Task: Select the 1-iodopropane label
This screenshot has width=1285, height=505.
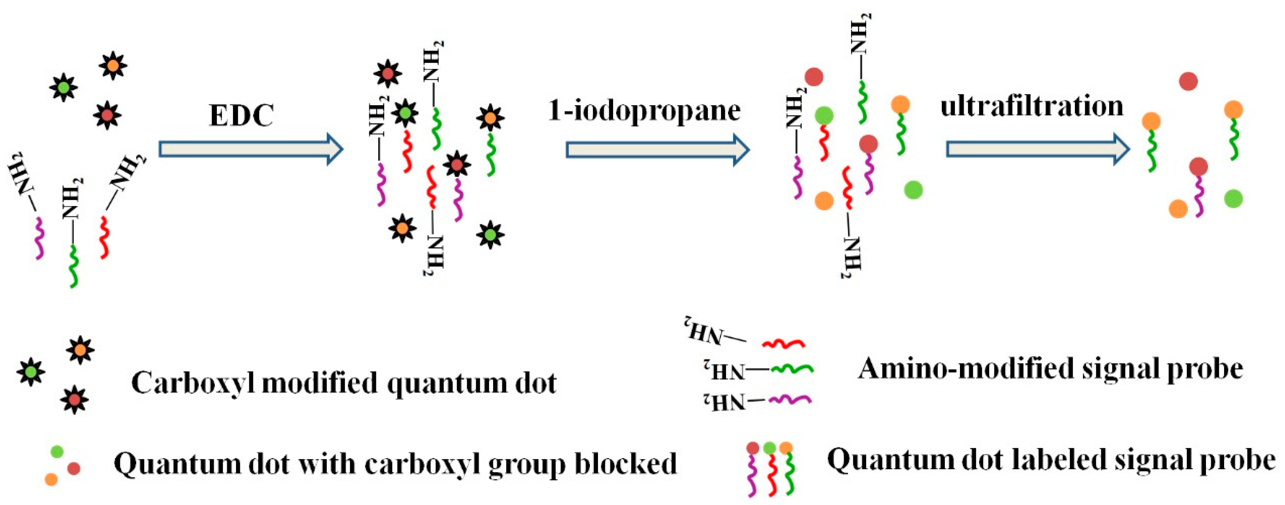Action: [x=644, y=111]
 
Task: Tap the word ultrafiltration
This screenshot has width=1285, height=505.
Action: [x=1032, y=107]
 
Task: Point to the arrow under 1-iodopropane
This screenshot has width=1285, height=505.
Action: [x=657, y=150]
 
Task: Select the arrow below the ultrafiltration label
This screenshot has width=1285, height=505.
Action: [x=1038, y=149]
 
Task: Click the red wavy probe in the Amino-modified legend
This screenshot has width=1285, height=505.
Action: [x=783, y=343]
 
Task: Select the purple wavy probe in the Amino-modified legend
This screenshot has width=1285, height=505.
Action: [x=790, y=399]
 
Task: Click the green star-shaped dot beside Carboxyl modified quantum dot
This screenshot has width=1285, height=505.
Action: [x=31, y=371]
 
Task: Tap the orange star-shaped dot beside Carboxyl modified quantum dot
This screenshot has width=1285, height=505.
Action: [x=80, y=350]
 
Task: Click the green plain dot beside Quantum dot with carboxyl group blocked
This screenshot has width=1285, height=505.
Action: [x=57, y=452]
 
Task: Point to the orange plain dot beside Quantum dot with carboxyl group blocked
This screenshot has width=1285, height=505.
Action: [x=51, y=479]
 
